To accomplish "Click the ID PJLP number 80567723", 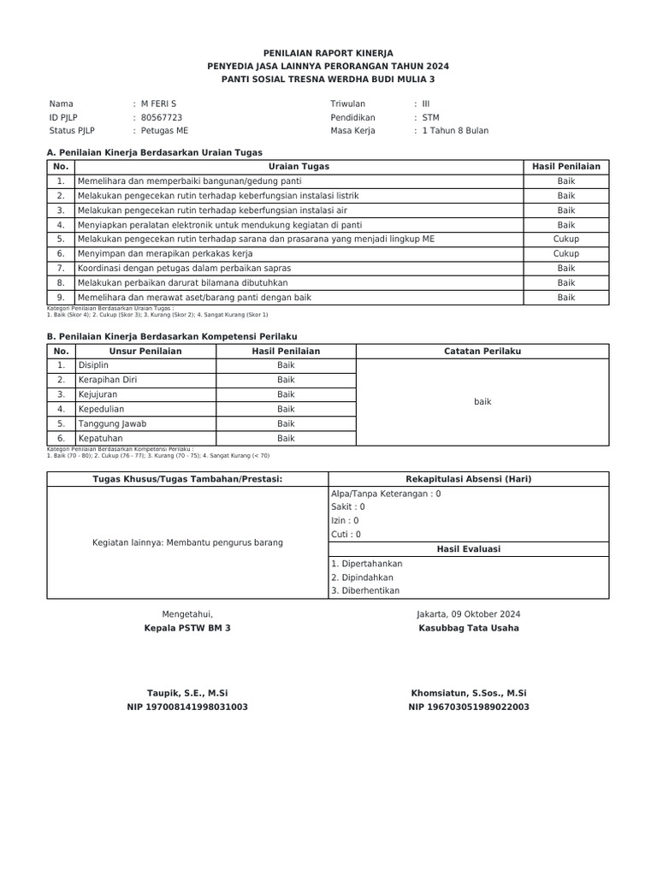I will (161, 117).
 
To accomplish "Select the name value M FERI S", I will (158, 104).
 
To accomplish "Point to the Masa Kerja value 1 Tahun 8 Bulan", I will (455, 131).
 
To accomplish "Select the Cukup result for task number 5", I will (565, 240).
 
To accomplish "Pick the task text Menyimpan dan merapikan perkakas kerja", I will (164, 254).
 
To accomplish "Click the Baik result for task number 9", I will (565, 298).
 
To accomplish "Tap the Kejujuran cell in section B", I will (98, 394).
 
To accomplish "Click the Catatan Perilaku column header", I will (482, 352).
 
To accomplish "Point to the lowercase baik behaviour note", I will (482, 401).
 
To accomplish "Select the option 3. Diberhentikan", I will (364, 590).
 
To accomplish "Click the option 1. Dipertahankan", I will (366, 564).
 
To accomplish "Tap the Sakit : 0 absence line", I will (348, 506).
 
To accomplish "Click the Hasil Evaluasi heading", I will (468, 549).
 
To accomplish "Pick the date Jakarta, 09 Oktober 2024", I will (468, 614).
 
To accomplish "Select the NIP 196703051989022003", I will (468, 707).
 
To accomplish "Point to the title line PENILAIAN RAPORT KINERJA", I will (328, 53).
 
